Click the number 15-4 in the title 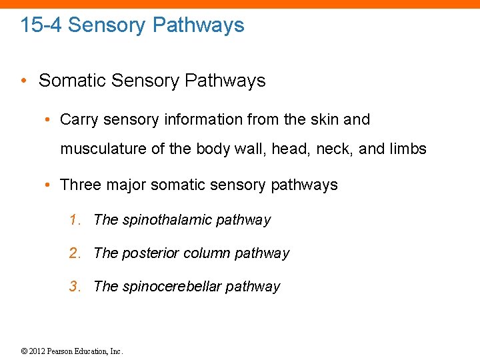pyautogui.click(x=41, y=25)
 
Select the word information pyautogui.click(x=200, y=120)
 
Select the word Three pyautogui.click(x=79, y=185)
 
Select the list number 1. pyautogui.click(x=74, y=220)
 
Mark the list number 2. pyautogui.click(x=74, y=253)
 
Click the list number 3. pyautogui.click(x=74, y=287)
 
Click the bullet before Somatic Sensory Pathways pyautogui.click(x=23, y=81)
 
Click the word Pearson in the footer pyautogui.click(x=60, y=351)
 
